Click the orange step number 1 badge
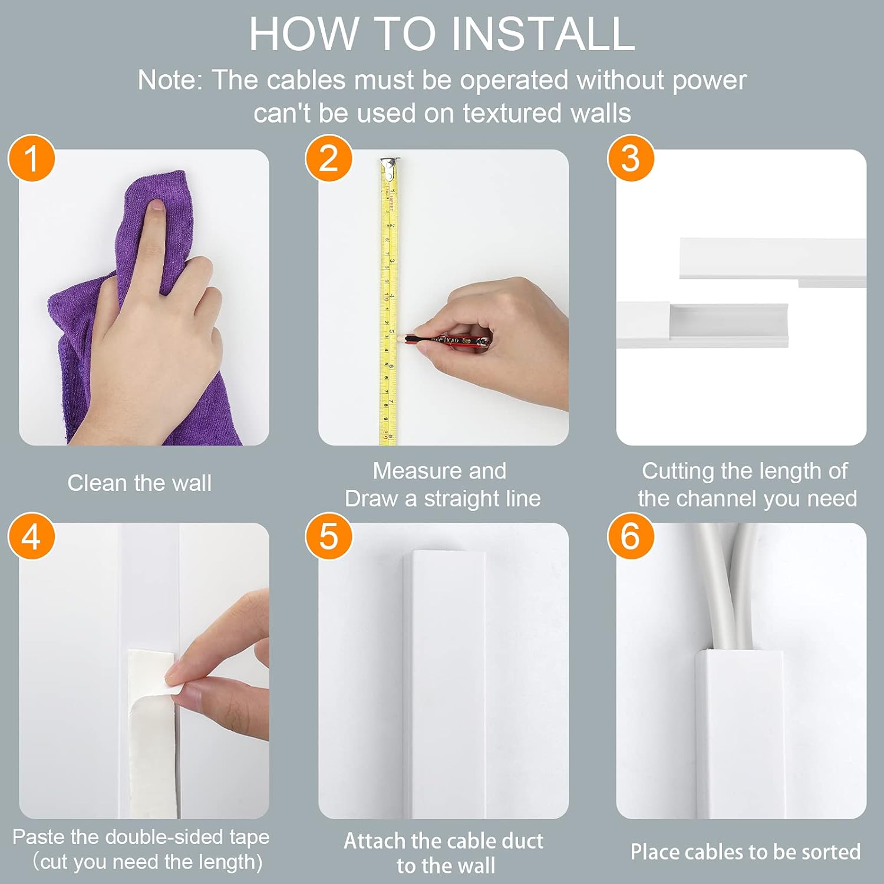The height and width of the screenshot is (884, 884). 31,159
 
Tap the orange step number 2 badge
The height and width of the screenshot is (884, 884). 329,159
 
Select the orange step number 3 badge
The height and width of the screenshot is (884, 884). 631,159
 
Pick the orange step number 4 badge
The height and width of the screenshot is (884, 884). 31,536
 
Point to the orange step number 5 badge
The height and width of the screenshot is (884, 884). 329,536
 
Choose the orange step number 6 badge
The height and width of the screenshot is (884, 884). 631,536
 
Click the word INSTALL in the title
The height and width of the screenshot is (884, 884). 543,34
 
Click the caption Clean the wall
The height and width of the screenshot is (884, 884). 139,483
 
